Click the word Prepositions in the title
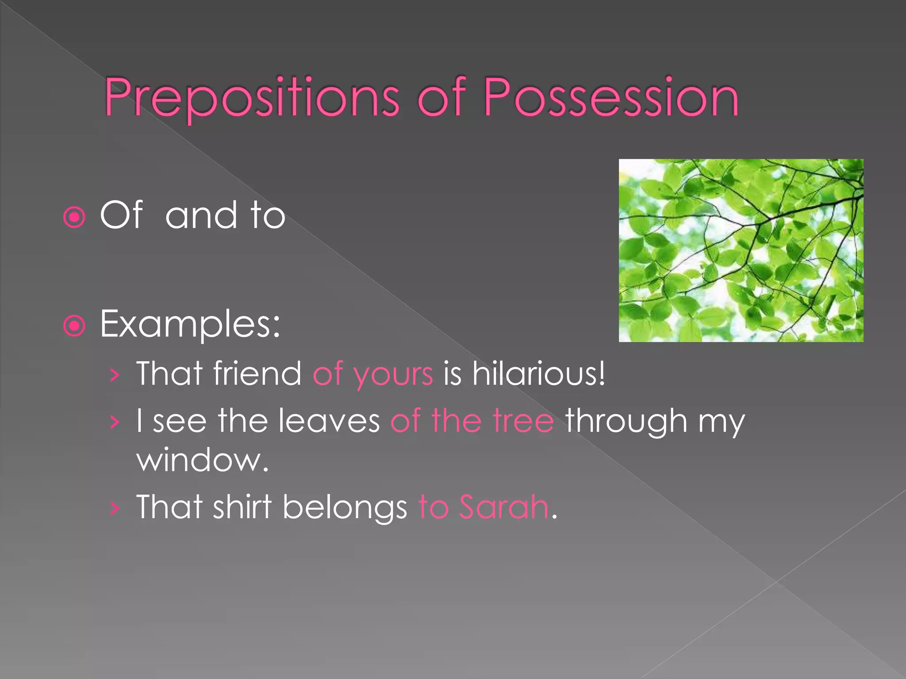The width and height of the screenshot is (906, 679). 251,98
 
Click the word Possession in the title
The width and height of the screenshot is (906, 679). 611,98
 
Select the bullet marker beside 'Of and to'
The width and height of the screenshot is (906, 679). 74,217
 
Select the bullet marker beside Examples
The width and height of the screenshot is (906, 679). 74,326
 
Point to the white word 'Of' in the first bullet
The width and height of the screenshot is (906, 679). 121,215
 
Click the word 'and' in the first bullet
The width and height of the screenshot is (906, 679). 200,216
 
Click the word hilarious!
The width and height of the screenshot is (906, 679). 538,374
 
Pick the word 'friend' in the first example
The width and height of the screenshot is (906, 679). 257,374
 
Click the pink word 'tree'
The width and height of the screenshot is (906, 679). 523,421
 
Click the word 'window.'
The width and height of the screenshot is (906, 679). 203,461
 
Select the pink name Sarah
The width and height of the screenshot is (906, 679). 503,507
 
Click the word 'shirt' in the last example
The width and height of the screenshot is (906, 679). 242,507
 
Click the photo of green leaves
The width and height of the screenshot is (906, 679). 741,250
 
